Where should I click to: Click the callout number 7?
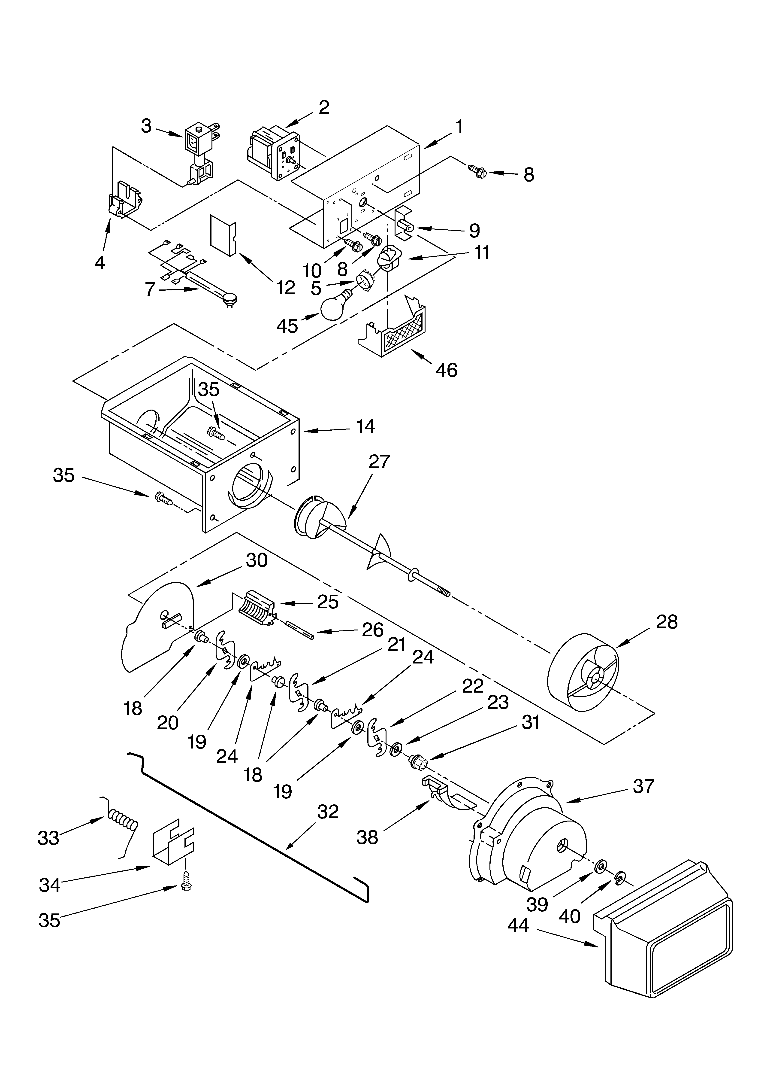tap(150, 289)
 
